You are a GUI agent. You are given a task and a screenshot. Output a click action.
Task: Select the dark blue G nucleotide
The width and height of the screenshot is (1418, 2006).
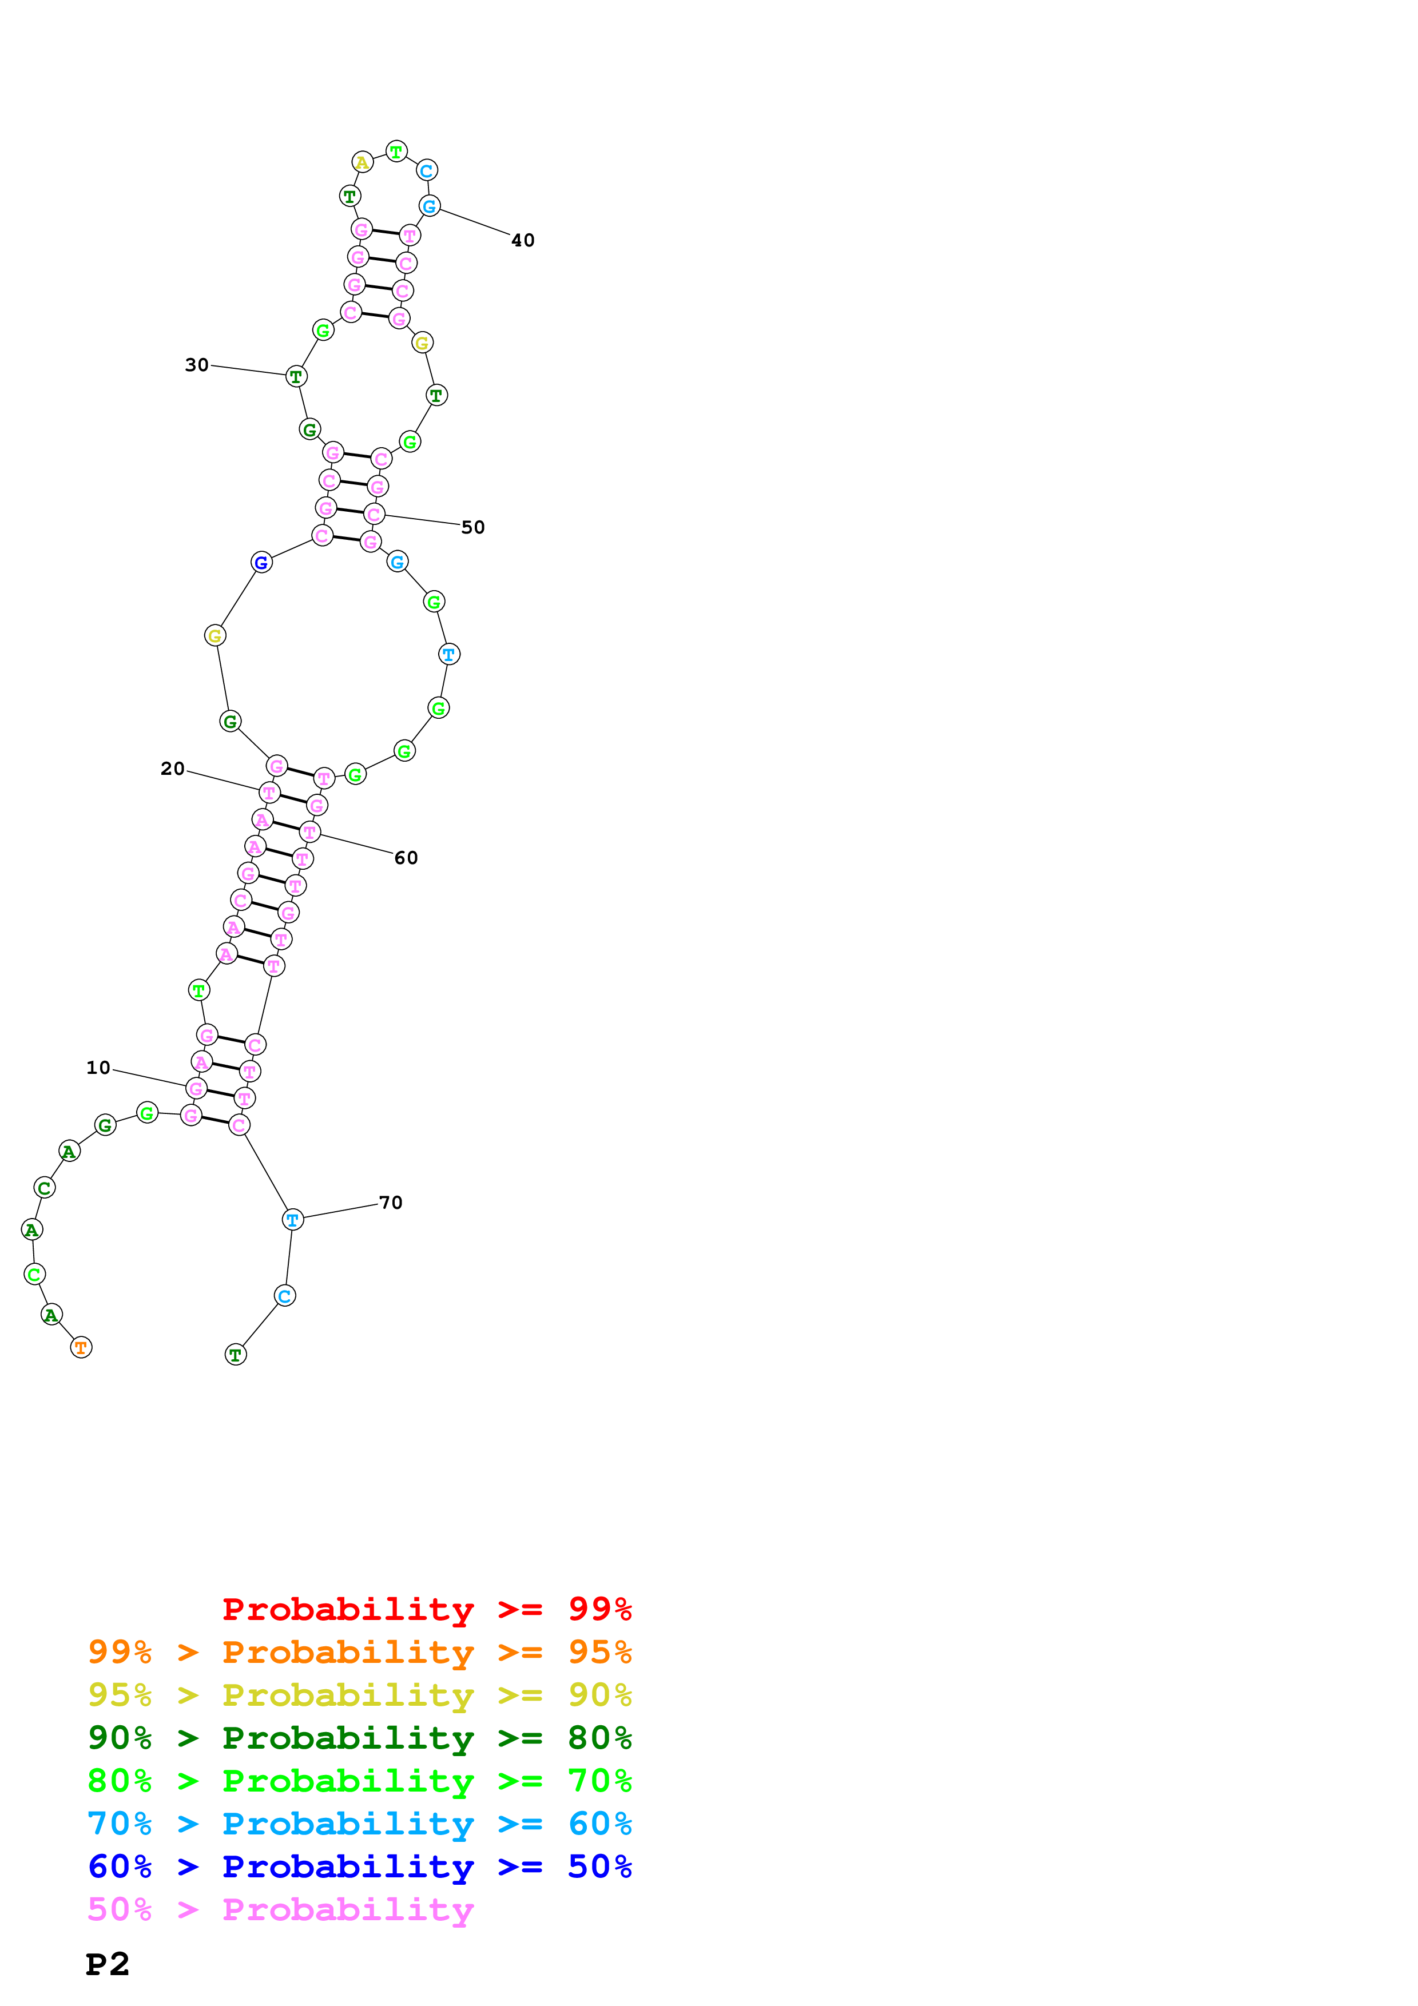coord(261,563)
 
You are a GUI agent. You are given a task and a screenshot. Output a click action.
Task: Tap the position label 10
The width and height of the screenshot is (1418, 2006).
coord(98,1068)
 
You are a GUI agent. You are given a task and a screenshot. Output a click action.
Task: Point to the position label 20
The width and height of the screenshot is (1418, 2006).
coord(172,769)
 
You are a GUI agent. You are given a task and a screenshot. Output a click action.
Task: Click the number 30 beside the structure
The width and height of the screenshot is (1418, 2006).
coord(197,365)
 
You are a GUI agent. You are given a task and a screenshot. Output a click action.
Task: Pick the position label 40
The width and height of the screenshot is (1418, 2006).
coord(522,240)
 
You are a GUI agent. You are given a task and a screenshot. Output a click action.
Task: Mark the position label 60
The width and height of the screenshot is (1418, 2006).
coord(406,858)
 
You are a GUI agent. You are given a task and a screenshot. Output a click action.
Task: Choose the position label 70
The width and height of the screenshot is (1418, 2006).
coord(391,1203)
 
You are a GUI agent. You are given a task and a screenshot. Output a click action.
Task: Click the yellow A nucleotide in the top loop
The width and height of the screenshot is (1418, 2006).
coord(362,162)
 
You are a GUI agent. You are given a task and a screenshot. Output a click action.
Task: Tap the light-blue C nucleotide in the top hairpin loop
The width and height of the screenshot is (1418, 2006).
coord(426,170)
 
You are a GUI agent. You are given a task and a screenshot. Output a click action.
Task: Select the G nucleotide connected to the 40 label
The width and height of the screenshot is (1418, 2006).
coord(429,206)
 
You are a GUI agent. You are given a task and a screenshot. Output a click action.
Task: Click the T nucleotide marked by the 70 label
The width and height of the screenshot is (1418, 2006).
coord(293,1220)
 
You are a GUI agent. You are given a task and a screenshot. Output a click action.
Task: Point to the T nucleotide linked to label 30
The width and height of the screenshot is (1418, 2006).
coord(296,377)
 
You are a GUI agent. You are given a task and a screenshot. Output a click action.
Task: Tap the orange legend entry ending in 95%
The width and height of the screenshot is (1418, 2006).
coord(359,1652)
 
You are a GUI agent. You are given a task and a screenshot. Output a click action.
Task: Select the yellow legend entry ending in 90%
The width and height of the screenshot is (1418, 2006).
coord(359,1695)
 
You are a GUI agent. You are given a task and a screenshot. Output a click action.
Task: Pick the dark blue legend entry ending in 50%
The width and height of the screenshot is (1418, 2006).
coord(359,1866)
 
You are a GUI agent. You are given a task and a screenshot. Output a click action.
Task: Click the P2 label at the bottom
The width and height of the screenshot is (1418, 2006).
coord(108,1964)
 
